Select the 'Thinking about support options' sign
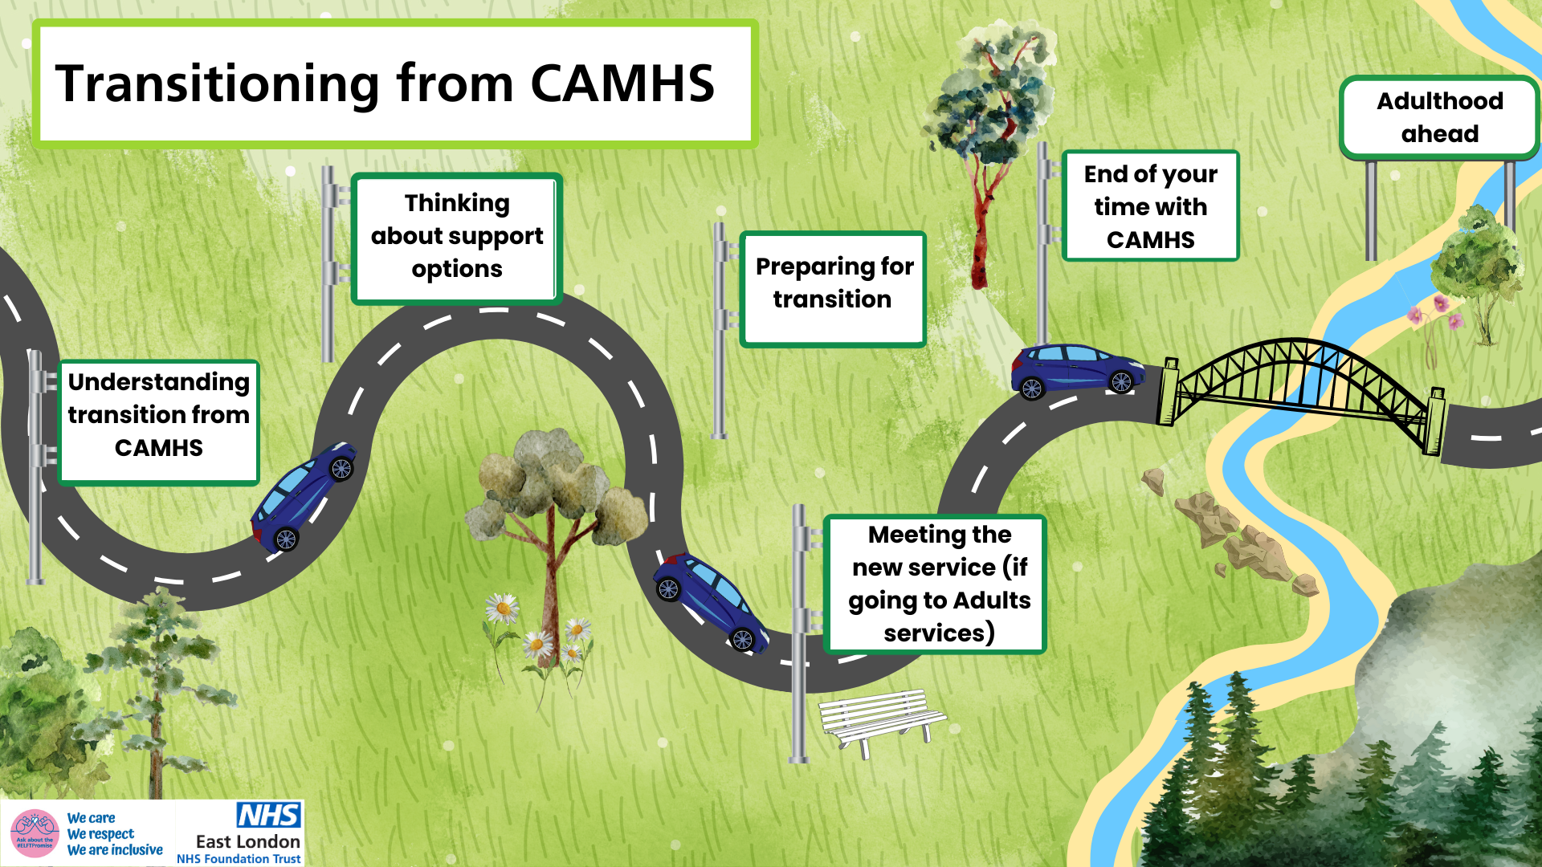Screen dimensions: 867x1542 click(456, 238)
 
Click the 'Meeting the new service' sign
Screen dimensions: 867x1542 click(936, 584)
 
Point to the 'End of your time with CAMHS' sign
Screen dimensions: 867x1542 click(1150, 206)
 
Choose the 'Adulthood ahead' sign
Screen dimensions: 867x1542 click(1439, 117)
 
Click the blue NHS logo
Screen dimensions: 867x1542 click(268, 815)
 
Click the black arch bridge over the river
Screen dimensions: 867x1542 click(1301, 385)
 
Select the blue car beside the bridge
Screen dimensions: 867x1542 click(1076, 370)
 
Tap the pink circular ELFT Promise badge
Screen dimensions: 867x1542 click(35, 833)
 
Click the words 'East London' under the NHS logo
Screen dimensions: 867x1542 click(248, 841)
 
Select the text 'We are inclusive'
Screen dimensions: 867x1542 click(115, 850)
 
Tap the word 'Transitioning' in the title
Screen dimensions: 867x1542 click(217, 83)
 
